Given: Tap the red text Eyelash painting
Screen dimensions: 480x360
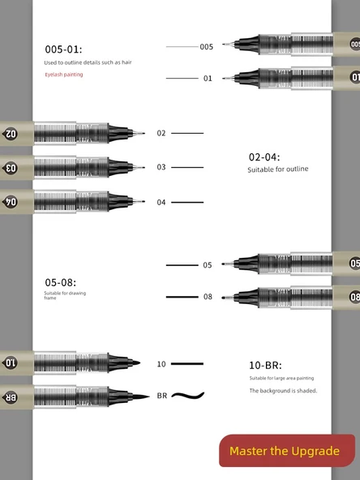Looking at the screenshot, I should (64, 75).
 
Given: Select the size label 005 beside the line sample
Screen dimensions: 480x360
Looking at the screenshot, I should (207, 47).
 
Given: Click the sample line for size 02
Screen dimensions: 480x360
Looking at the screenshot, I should (187, 133).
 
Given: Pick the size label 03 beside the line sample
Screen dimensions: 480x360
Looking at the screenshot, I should (161, 167).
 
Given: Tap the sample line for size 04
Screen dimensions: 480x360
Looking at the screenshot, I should (187, 202).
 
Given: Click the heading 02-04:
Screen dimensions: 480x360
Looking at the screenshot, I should (264, 156).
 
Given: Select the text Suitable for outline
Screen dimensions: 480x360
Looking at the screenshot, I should (277, 169).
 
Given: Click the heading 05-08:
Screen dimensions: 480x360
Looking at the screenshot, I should (61, 282).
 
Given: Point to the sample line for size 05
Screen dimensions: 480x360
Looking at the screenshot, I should (182, 265).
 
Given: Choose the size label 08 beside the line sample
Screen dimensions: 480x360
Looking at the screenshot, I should (208, 297).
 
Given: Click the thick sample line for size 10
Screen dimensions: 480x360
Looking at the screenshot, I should (187, 364).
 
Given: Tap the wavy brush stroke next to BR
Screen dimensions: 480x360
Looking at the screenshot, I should (187, 396).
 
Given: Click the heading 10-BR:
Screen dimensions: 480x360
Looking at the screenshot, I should (265, 366).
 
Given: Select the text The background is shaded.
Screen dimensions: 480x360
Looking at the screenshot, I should (283, 391).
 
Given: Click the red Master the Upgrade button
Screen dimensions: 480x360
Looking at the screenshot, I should (286, 451).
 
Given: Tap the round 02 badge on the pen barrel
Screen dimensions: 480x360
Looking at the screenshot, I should (11, 133).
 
